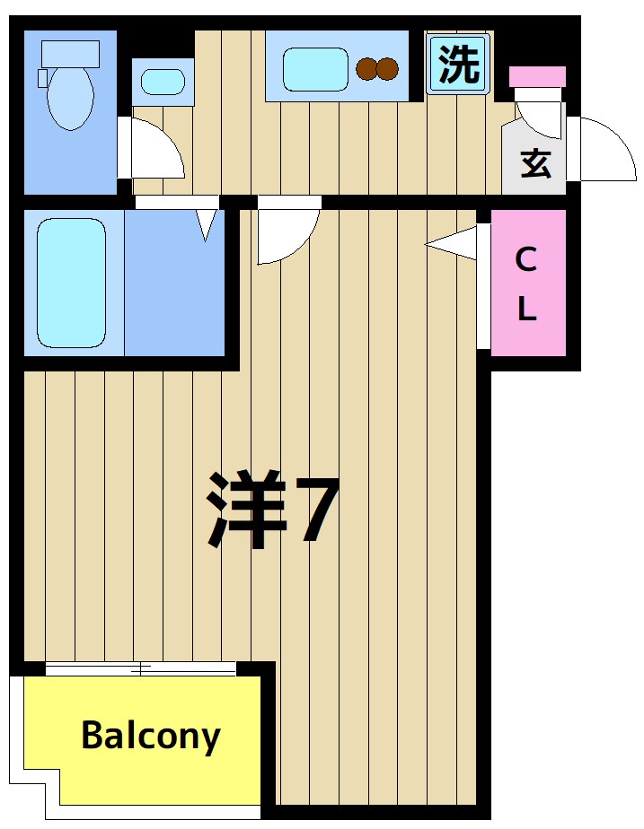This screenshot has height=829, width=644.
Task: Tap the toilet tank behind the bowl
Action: [70, 53]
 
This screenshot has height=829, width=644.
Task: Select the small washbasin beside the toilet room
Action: [163, 83]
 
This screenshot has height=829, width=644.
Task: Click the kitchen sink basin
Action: [315, 69]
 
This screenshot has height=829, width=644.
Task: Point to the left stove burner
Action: [366, 68]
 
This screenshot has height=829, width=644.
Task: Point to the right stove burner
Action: [387, 68]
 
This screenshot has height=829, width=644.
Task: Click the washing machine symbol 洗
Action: [458, 64]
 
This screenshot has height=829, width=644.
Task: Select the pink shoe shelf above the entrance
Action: [537, 76]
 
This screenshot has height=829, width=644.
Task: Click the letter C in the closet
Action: [526, 260]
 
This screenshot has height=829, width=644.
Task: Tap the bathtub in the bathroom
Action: [72, 282]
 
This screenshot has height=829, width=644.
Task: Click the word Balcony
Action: [150, 736]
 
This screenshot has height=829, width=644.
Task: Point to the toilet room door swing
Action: [154, 151]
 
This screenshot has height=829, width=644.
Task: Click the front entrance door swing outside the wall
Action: [604, 150]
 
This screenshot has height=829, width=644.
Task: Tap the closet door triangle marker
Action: [455, 242]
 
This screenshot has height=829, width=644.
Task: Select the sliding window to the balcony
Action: [140, 668]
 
